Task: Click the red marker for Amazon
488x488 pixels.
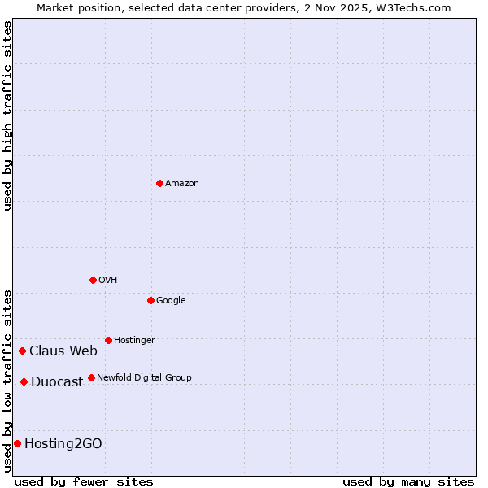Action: coord(159,183)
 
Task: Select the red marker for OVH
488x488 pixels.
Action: coord(93,280)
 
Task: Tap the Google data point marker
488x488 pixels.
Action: coord(150,300)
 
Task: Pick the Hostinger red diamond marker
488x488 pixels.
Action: coord(108,340)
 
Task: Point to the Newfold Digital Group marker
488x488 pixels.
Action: coord(91,377)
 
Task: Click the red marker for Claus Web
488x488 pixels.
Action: coord(22,351)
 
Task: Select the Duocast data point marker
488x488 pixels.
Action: coord(24,381)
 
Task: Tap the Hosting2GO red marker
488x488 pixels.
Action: coord(17,443)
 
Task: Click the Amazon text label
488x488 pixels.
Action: coord(182,184)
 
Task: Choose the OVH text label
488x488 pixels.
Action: coord(108,281)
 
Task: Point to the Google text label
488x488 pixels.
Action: coord(171,301)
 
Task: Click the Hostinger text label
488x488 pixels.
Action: coord(134,341)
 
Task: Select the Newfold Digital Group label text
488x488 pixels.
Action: coord(144,378)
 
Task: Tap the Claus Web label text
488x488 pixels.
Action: coord(63,351)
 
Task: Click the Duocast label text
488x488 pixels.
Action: coord(57,382)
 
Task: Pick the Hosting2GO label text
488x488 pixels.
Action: coord(63,444)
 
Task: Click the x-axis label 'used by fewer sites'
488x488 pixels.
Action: coord(84,481)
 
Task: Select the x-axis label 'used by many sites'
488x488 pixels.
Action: coord(408,481)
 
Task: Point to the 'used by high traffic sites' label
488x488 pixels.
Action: coord(7,115)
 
